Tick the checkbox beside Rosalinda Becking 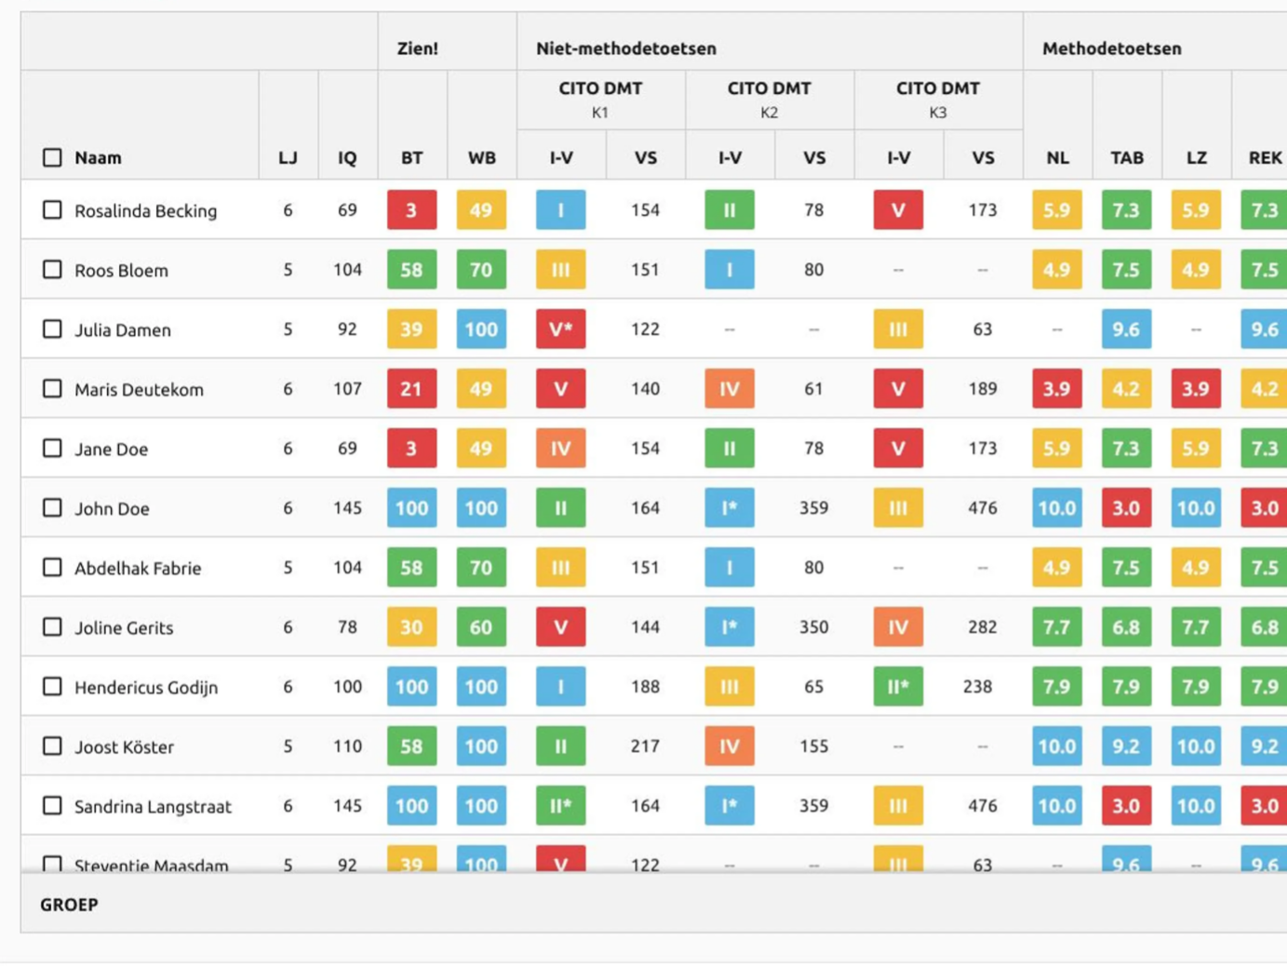(52, 209)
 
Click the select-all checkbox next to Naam (52, 157)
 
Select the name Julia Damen (123, 330)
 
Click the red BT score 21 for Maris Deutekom (411, 389)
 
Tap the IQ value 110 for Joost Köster (347, 746)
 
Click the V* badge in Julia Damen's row (560, 329)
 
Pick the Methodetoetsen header (1112, 48)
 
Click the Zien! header (418, 48)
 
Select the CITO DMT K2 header (770, 100)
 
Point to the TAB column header (1127, 157)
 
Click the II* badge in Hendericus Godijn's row (898, 687)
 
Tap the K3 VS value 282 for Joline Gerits (982, 627)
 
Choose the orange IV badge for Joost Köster (730, 746)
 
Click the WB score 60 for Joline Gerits (481, 627)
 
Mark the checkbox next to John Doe (52, 507)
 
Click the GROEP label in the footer (69, 905)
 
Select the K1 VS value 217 (645, 746)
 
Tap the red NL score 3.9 (1057, 389)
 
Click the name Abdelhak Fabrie (138, 568)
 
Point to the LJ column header (288, 157)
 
